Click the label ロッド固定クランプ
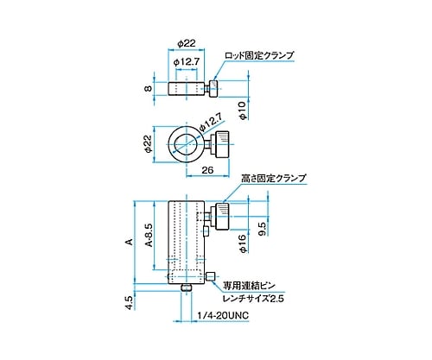coord(259,55)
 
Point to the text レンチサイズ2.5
coord(253,298)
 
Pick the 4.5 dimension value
coord(130,303)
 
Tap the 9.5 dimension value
coord(261,228)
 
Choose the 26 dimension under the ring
coord(207,171)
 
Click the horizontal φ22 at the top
coord(185,43)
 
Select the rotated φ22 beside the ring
coord(148,143)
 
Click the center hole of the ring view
coord(184,143)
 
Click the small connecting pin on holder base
coord(210,276)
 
